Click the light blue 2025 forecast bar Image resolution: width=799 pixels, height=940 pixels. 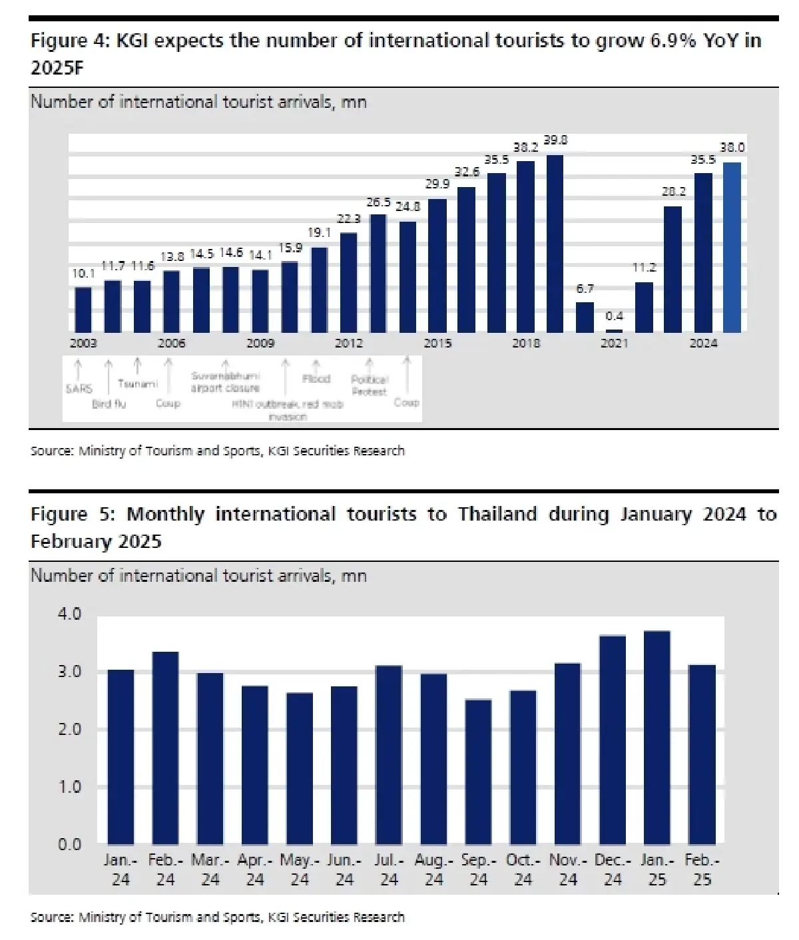tap(732, 247)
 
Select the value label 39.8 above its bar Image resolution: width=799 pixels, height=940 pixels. tap(555, 140)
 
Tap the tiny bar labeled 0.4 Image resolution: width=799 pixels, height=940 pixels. tap(614, 330)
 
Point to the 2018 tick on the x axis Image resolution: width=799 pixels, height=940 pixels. tap(526, 343)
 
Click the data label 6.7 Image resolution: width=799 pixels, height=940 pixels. tap(585, 288)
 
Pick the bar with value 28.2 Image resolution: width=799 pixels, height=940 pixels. tap(672, 269)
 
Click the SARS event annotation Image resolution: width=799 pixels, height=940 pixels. tap(79, 388)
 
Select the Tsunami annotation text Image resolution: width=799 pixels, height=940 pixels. tap(137, 383)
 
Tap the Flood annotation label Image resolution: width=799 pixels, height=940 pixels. tap(316, 378)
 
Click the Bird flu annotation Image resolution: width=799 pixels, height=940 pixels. tap(109, 403)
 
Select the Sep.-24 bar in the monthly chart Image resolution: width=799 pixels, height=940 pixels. tap(478, 772)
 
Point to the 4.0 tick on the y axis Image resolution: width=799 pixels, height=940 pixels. tap(69, 613)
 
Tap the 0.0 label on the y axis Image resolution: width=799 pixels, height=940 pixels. tap(69, 844)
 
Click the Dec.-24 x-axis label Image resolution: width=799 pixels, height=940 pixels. tap(612, 869)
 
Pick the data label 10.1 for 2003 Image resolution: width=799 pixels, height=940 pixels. tap(83, 273)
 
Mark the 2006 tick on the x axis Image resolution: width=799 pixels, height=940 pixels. tap(171, 343)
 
